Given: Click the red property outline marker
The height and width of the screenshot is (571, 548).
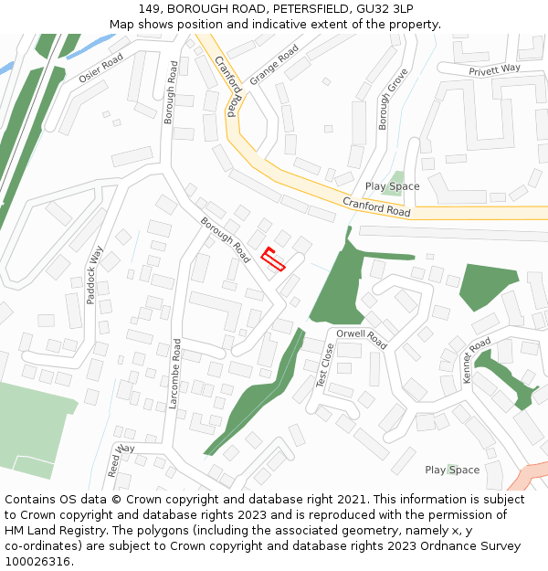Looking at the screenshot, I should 273,259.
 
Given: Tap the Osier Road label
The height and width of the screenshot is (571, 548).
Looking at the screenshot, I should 100,68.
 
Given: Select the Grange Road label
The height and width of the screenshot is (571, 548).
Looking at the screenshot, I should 274,65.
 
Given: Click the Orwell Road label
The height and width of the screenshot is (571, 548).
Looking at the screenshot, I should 362,339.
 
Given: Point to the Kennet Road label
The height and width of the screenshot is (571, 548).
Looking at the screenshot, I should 476,359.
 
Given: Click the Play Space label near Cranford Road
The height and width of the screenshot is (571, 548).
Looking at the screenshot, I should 392,186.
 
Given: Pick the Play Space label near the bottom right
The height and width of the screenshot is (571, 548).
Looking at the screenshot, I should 451,470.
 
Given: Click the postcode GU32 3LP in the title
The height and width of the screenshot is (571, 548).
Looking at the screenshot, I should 385,9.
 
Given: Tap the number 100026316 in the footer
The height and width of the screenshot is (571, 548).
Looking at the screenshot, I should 38,562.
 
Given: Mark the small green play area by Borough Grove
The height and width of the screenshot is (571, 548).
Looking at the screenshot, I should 396,176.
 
